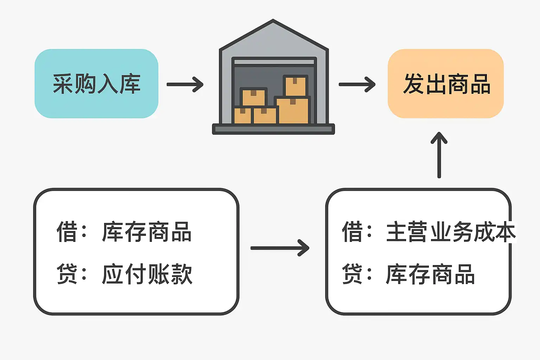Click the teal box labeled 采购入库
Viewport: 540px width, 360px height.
[96, 84]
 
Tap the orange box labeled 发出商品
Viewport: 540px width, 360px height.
[446, 84]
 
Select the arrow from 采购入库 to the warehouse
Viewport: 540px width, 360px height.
[185, 84]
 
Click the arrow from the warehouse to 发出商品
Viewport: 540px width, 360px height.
[357, 84]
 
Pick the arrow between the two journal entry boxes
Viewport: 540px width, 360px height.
[280, 248]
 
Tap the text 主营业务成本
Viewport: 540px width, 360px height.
[451, 232]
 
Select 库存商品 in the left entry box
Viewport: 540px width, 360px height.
[147, 232]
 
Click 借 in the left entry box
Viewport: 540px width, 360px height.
[67, 232]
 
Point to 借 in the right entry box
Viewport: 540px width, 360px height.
[352, 232]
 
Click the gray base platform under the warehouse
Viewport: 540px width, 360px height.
[273, 129]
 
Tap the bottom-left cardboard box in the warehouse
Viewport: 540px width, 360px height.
[243, 115]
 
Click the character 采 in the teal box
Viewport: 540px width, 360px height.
[63, 84]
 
